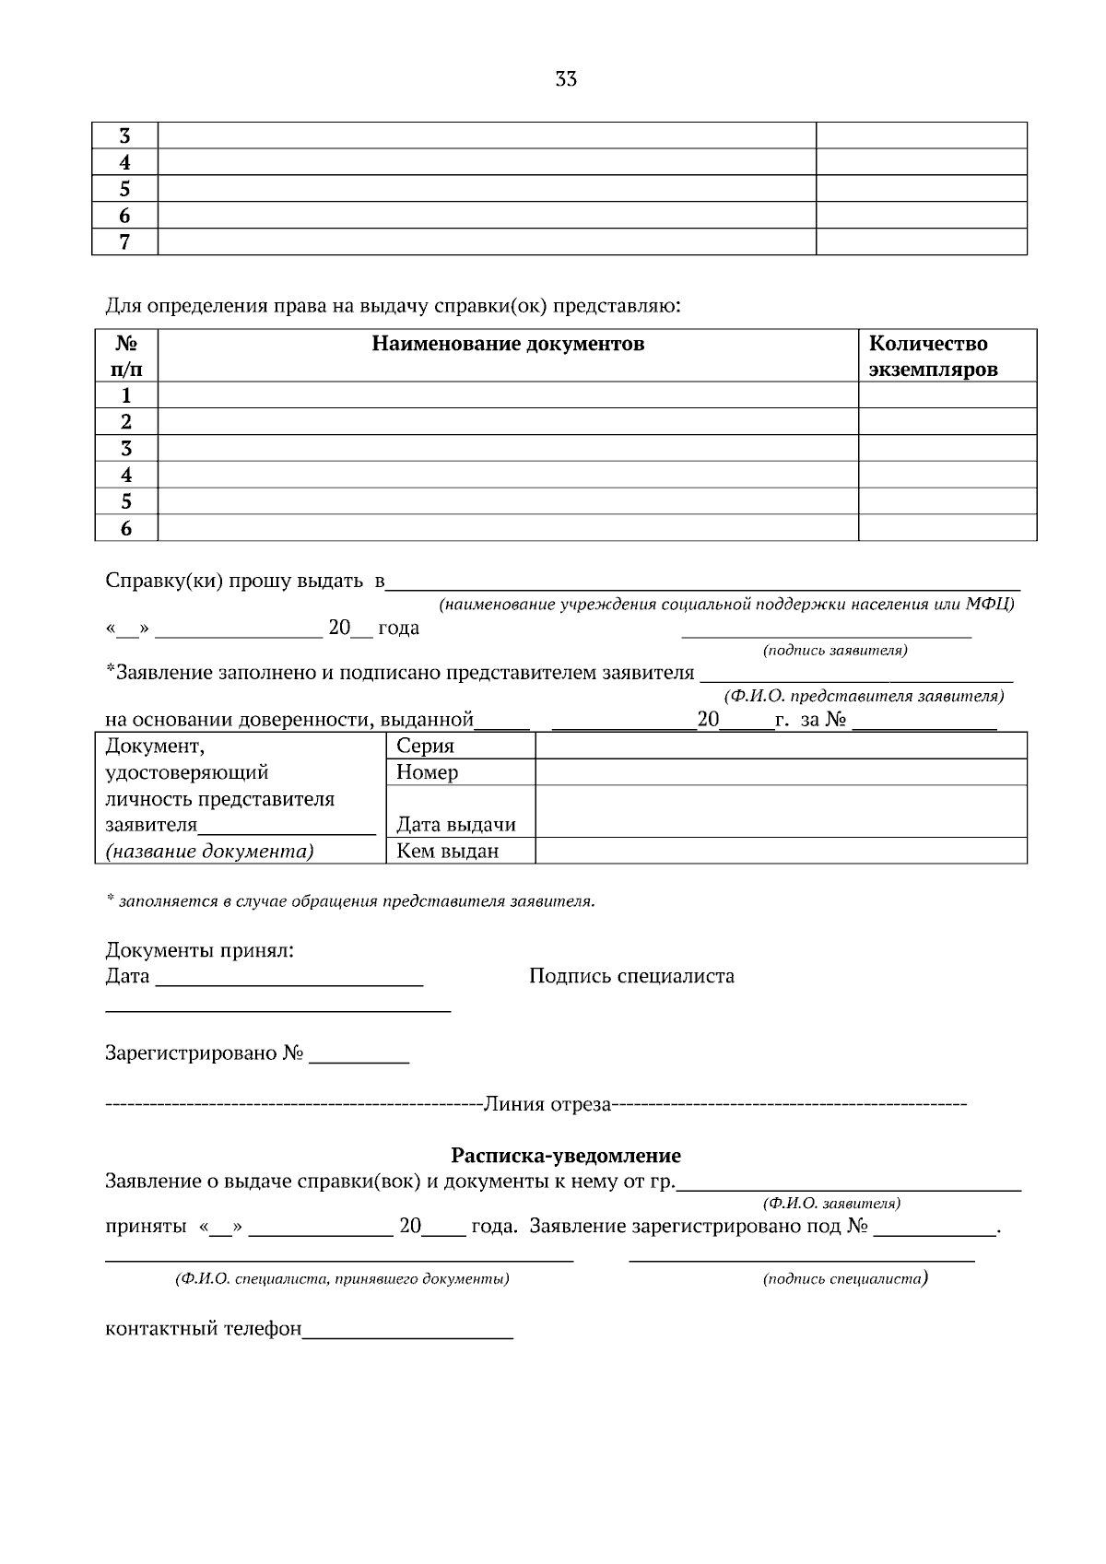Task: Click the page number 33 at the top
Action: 566,79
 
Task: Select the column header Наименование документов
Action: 508,345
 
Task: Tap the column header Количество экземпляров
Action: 933,357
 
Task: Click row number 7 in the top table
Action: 125,242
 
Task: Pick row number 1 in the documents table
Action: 126,395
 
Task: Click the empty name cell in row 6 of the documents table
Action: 508,528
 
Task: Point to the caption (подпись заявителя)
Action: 835,651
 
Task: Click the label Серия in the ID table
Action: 425,747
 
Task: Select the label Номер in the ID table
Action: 427,772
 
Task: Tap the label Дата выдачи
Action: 455,825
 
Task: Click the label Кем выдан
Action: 447,851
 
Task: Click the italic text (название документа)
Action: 209,851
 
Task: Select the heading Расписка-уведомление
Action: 565,1156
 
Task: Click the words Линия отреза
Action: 548,1104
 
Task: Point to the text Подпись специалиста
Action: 631,976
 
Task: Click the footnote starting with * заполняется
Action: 350,901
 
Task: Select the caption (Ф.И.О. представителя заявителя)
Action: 864,696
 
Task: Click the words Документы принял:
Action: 200,950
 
